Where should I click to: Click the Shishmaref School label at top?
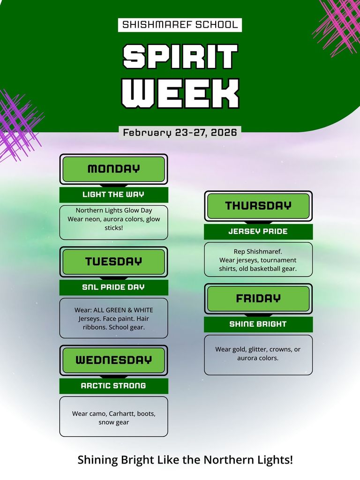180,25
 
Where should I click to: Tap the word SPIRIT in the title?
180,56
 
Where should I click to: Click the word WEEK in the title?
180,93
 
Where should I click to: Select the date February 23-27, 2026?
180,133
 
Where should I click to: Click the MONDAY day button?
113,169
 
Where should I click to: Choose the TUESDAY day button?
113,262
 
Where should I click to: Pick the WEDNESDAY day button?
113,360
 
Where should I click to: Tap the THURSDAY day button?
258,205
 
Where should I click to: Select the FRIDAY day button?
258,298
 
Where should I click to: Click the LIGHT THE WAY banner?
113,195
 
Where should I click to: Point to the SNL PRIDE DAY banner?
113,287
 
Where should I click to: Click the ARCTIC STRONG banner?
113,386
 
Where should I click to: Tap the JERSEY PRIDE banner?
258,232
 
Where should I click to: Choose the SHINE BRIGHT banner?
258,324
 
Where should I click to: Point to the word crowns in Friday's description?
279,349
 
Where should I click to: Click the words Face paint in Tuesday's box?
119,319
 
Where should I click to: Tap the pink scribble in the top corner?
337,21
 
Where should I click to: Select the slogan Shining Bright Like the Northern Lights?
185,460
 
